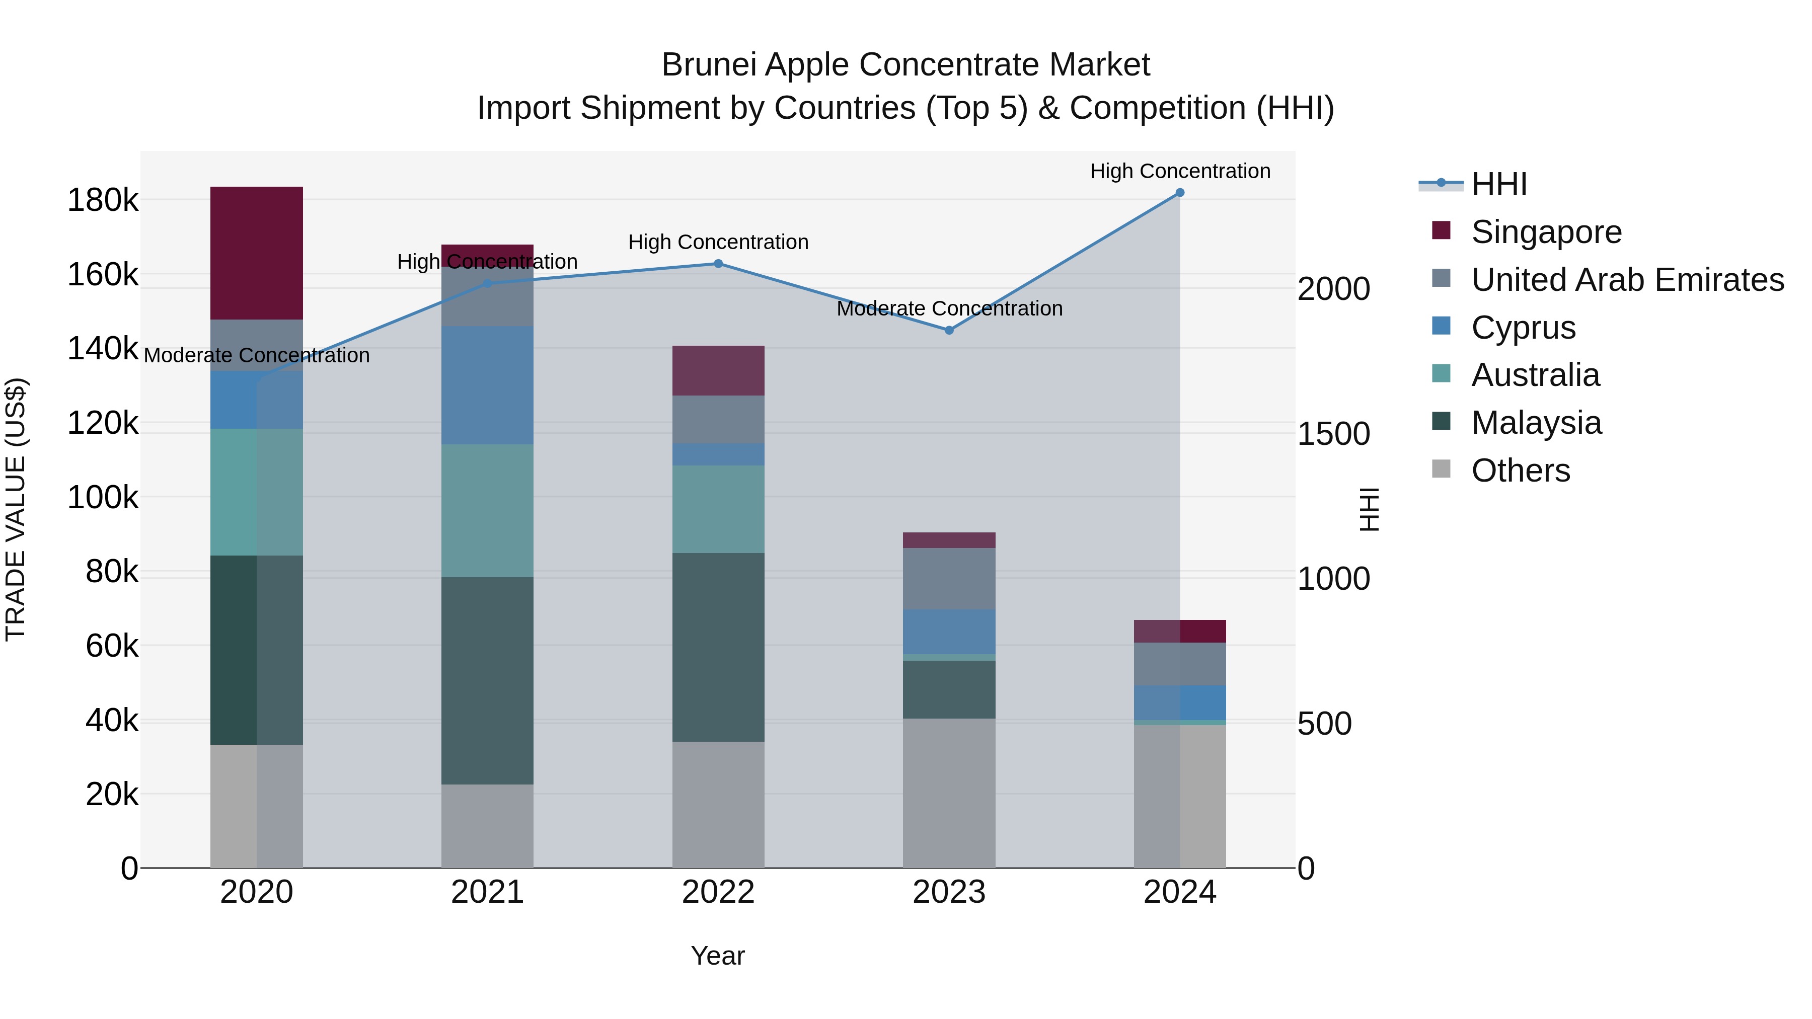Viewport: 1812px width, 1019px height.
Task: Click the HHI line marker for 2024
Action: click(1180, 193)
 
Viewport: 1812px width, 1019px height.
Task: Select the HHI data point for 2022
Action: click(718, 264)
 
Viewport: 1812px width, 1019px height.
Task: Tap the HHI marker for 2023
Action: click(949, 330)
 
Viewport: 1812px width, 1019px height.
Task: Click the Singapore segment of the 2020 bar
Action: click(257, 253)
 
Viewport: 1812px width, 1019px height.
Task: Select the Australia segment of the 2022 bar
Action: click(718, 509)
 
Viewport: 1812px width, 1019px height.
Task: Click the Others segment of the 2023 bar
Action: click(949, 793)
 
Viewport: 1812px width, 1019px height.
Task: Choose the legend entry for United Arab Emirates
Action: click(1627, 279)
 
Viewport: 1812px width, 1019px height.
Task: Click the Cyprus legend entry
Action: click(1523, 327)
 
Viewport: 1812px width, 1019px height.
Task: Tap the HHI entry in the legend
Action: click(1498, 184)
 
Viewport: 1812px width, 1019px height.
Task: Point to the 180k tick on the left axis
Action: click(103, 200)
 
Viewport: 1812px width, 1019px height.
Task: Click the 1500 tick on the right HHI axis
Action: click(1333, 434)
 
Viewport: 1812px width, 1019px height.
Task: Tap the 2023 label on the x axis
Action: click(949, 892)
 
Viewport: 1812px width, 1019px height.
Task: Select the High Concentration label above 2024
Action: click(1180, 171)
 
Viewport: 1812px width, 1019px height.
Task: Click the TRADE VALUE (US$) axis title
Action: click(16, 509)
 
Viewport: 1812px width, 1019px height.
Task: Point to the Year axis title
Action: click(717, 956)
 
